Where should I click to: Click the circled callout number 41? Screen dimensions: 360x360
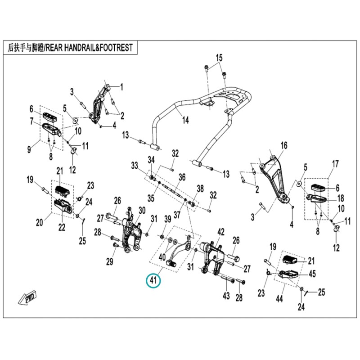coord(153,280)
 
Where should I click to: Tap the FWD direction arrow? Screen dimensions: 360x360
coord(27,298)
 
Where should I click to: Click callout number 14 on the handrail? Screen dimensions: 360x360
coord(185,120)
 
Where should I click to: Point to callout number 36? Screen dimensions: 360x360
coord(182,177)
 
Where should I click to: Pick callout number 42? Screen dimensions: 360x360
coord(221,232)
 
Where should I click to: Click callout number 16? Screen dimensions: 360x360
coord(284,145)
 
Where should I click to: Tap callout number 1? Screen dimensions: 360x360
coord(121,87)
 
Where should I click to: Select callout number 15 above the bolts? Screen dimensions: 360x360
coord(219,58)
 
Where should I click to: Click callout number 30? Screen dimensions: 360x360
coord(142,210)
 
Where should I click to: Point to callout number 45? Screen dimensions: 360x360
coord(312,274)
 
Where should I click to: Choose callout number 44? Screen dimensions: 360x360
coord(279,299)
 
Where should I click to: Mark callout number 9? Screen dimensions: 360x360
coord(29,150)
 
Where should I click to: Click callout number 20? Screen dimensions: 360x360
coord(40,222)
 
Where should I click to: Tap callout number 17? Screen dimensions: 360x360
coord(335,164)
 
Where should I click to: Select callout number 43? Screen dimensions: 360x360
coord(226,296)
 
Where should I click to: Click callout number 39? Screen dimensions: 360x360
coord(168,219)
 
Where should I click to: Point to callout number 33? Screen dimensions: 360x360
coord(135,165)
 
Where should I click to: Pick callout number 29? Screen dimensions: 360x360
coord(110,261)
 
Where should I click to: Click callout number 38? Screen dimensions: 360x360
coord(200,189)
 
